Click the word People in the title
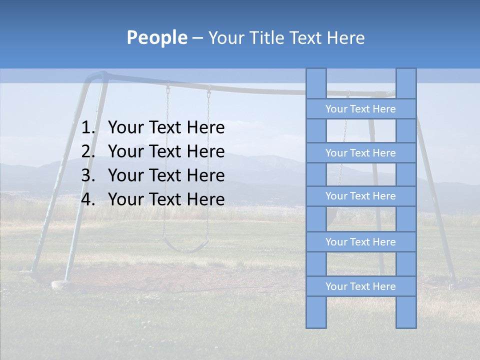156,37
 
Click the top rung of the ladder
360,109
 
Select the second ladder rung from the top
360,153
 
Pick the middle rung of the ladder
360,196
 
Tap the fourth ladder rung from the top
360,242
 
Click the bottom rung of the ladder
360,286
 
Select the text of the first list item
166,128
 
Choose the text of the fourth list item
166,199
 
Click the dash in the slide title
197,38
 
